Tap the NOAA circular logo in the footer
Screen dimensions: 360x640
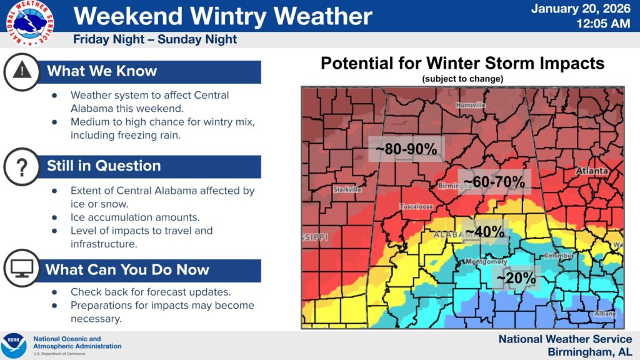[x=14, y=346]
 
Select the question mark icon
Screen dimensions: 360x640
[x=22, y=166]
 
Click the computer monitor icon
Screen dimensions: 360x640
[x=22, y=269]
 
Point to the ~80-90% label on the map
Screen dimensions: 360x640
[x=405, y=149]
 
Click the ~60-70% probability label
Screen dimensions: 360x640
[x=494, y=181]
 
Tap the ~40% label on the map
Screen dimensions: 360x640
[x=484, y=231]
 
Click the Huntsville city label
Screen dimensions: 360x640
[x=471, y=105]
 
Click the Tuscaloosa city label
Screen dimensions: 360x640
[x=417, y=206]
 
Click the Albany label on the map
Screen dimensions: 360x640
[x=604, y=312]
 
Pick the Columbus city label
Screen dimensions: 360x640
[x=558, y=255]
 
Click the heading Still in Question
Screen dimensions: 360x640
[x=104, y=166]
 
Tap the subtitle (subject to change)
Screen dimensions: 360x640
[x=462, y=79]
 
